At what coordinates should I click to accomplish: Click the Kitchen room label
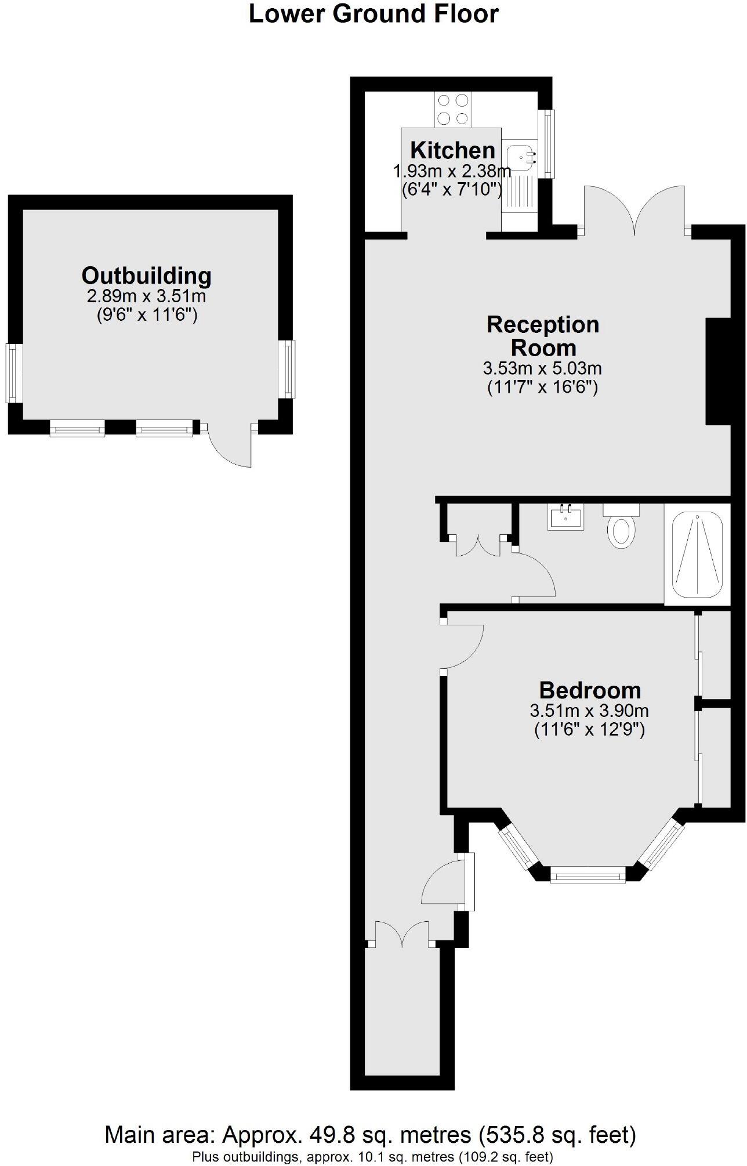(x=452, y=150)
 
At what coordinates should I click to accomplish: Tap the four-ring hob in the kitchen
(x=453, y=109)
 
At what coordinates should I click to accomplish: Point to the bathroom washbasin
(x=565, y=516)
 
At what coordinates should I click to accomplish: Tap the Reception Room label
(x=543, y=336)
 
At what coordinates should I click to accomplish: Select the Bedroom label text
(x=590, y=690)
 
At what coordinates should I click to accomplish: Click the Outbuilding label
(x=146, y=276)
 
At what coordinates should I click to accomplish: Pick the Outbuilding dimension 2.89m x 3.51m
(x=146, y=297)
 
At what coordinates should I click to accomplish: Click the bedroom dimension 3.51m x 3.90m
(x=589, y=711)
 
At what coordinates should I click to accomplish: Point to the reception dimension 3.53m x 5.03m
(x=542, y=368)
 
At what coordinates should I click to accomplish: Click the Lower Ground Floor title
(x=374, y=14)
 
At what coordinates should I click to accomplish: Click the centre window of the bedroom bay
(x=588, y=874)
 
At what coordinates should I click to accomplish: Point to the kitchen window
(x=547, y=144)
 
